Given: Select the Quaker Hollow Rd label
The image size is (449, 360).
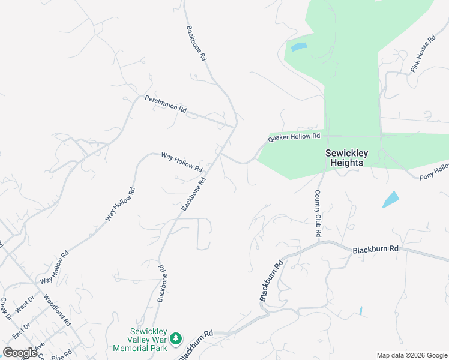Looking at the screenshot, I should (294, 137).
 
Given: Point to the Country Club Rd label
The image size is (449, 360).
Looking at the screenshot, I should (319, 213).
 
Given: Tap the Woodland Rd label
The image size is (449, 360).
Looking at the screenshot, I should (58, 309).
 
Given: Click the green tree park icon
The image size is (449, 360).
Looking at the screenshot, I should (175, 340).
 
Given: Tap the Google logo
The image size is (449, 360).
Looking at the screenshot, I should (20, 353).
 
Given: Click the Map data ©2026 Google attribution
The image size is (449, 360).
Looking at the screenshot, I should (411, 355).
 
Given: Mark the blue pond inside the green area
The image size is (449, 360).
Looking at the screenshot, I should (298, 47).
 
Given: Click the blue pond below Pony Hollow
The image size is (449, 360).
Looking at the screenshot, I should (390, 199).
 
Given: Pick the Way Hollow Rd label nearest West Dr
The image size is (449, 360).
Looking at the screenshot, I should (55, 268).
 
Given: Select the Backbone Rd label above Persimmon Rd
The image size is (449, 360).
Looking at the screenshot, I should (196, 43).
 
